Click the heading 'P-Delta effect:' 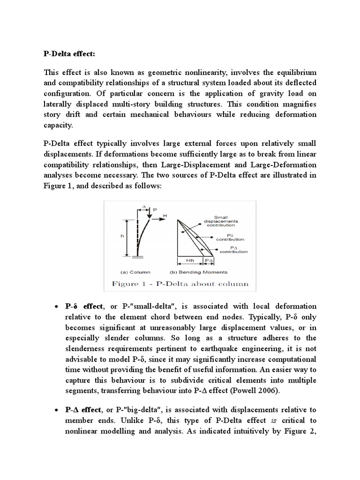pos(69,54)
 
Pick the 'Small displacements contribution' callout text pos(226,221)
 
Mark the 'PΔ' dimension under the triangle pos(208,259)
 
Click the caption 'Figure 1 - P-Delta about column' pos(180,284)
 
